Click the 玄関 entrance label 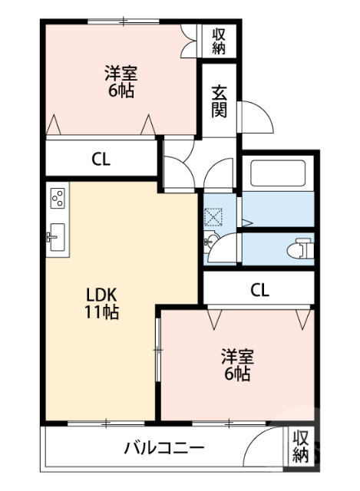tap(220, 100)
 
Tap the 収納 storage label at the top tap(219, 41)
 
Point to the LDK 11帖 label tap(101, 302)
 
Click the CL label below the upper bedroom tap(101, 160)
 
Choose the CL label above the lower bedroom tap(259, 290)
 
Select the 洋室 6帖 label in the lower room tap(236, 365)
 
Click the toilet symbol tap(302, 249)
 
